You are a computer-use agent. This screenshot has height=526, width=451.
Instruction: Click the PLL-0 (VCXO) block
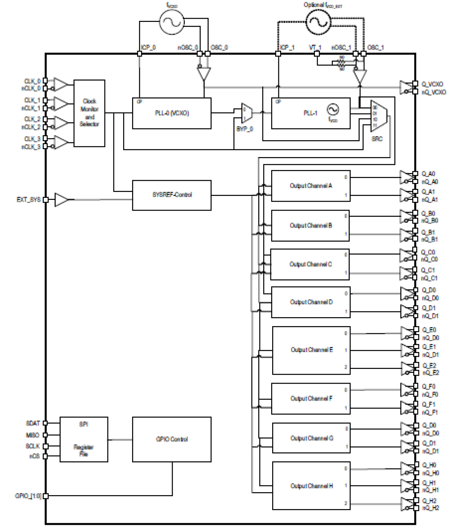click(172, 113)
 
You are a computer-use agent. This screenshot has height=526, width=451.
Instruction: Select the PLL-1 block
click(311, 113)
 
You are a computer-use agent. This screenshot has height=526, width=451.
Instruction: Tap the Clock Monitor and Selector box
click(89, 113)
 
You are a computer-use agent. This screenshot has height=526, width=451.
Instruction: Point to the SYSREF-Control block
click(172, 195)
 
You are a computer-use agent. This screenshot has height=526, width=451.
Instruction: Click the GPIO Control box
click(172, 439)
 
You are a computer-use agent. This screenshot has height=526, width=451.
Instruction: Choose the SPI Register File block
click(84, 439)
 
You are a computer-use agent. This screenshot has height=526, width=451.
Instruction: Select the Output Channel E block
click(311, 350)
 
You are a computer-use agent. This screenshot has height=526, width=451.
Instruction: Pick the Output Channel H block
click(311, 486)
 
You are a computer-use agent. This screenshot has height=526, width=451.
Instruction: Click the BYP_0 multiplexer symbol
click(247, 114)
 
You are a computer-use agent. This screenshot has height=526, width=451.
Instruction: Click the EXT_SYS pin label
click(29, 200)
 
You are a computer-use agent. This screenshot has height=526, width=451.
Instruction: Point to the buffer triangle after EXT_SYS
click(61, 200)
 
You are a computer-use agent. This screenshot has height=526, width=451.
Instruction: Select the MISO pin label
click(32, 435)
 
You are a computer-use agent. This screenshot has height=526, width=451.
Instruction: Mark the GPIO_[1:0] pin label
click(28, 496)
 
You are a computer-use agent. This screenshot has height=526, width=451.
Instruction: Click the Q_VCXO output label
click(432, 84)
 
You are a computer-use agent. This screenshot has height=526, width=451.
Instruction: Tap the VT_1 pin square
click(317, 54)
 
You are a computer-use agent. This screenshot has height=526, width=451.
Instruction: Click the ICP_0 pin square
click(140, 54)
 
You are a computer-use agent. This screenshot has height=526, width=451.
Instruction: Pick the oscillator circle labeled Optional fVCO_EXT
click(318, 22)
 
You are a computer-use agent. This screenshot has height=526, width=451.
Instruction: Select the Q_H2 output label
click(429, 500)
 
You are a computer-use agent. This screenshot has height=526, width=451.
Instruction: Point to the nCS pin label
click(34, 456)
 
